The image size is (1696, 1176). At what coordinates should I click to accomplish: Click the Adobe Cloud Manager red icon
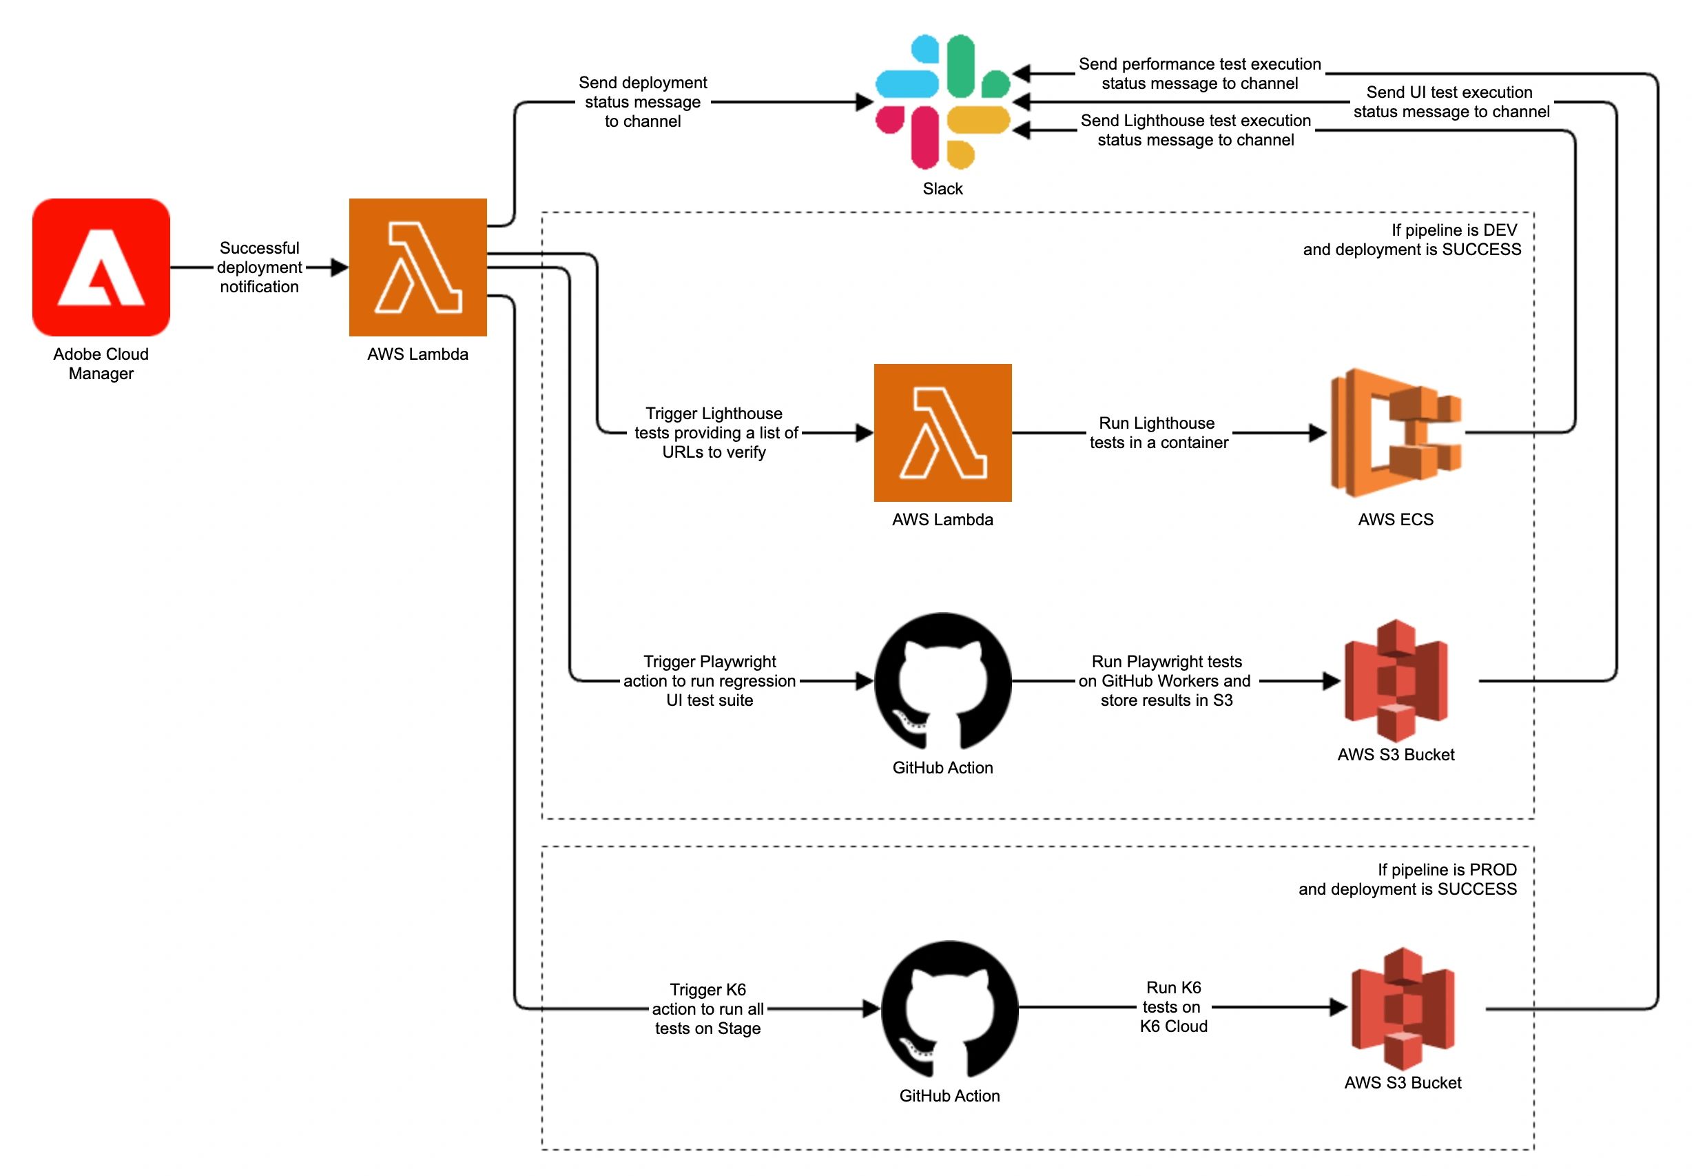[101, 267]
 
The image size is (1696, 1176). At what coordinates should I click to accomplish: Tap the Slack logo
[942, 102]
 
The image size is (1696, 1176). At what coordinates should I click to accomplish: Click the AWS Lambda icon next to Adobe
[417, 267]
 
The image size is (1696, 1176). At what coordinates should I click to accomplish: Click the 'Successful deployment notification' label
[259, 267]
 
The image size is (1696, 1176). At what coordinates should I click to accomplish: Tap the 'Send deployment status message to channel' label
[642, 102]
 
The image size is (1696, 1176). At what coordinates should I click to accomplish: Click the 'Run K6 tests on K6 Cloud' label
[1173, 1006]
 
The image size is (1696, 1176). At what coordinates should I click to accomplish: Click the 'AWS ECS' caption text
[1396, 520]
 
